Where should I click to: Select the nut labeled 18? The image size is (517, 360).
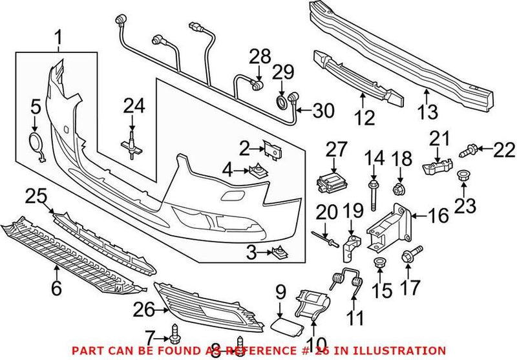[x=399, y=189]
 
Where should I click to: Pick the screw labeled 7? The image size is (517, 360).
[x=176, y=335]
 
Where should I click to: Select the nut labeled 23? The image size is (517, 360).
[x=464, y=176]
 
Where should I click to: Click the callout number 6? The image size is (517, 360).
[x=56, y=288]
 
